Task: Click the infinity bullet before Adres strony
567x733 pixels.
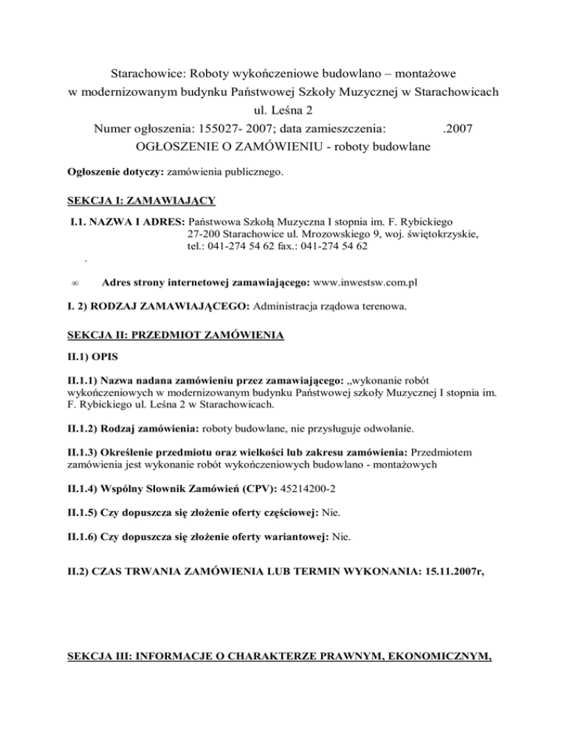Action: click(x=86, y=282)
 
